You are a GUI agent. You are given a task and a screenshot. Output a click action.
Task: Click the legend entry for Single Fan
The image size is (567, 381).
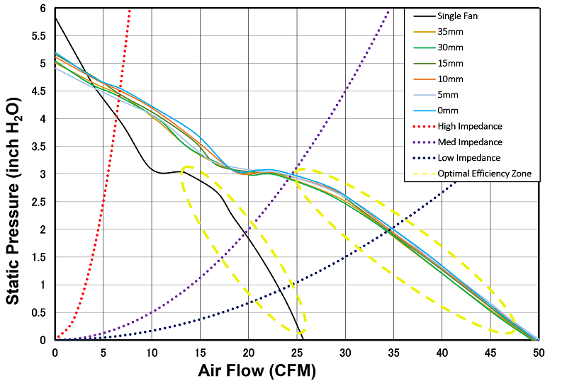click(x=456, y=16)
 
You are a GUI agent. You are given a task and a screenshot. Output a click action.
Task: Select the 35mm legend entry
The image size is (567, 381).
click(x=451, y=31)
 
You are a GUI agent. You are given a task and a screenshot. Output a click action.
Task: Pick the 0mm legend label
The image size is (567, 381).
click(x=449, y=110)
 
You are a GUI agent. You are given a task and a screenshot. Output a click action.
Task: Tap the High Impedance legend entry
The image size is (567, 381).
click(x=469, y=126)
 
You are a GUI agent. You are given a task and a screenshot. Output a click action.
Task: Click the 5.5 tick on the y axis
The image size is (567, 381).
click(x=39, y=36)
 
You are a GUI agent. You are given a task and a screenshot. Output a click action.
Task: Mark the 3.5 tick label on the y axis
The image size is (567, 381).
click(x=39, y=147)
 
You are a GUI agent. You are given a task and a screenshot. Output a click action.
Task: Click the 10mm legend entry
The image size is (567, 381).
click(x=451, y=79)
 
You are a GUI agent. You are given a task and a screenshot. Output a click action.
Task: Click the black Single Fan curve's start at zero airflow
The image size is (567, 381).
click(x=55, y=18)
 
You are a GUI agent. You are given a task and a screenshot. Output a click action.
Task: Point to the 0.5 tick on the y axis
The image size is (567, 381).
click(x=39, y=312)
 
